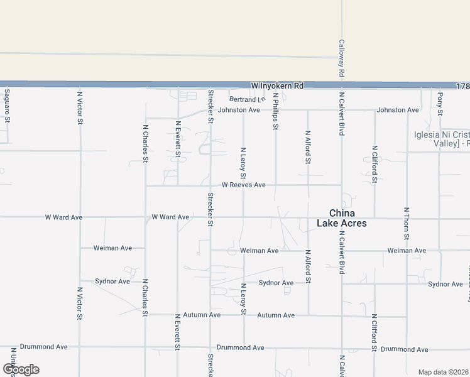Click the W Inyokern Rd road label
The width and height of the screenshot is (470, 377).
pos(277,85)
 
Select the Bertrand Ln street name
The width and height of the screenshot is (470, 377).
pos(247,99)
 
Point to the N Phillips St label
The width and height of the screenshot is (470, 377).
pos(275,111)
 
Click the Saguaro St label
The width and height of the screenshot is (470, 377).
pos(7,105)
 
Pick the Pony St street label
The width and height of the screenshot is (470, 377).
pos(440,104)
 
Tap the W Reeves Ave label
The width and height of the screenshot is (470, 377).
pos(244,185)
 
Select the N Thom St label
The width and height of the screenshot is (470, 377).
pos(407,223)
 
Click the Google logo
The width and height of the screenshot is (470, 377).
pos(21,369)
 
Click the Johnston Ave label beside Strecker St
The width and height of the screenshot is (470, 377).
pos(239,110)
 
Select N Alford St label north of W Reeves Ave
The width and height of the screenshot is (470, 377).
pos(307,146)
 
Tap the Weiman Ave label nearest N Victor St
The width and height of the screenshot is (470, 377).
pos(112,248)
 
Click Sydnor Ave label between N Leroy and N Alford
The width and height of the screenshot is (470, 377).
pos(276,283)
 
